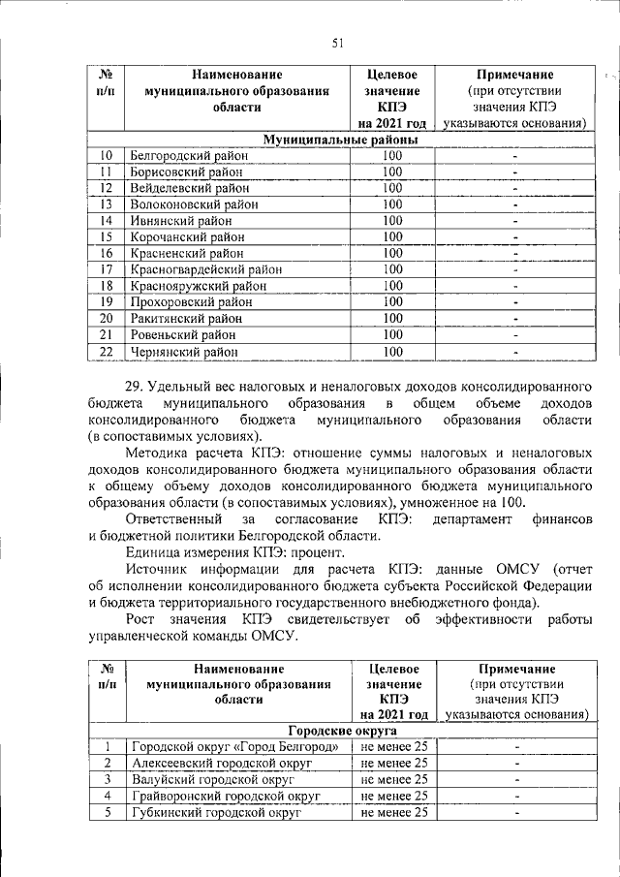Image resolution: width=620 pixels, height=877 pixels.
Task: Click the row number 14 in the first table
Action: (107, 220)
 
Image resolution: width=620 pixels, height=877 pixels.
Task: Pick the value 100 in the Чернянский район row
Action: (392, 351)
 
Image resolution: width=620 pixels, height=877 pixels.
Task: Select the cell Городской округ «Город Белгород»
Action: (233, 747)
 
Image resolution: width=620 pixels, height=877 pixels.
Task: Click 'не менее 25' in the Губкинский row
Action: (393, 812)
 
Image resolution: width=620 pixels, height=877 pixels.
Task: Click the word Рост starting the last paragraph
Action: (143, 618)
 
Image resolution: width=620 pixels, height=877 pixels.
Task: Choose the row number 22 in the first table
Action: (107, 351)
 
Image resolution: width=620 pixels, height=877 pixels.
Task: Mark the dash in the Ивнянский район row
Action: (515, 220)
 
